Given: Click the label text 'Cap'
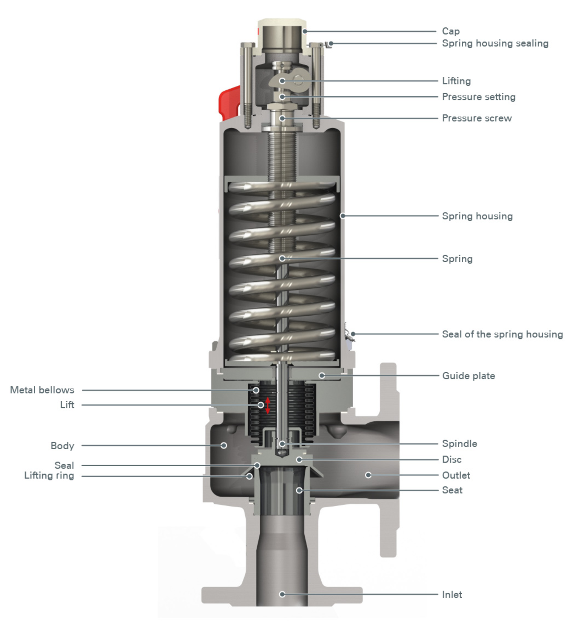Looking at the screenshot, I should coord(451,31).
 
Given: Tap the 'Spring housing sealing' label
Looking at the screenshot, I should coord(495,43).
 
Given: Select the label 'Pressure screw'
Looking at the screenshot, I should coord(477,118).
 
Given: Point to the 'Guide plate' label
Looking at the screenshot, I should coord(468,376).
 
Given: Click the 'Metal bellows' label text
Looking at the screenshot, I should coord(42,390).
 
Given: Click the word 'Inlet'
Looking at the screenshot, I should coord(452,595).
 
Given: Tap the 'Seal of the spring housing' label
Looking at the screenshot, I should coord(502,334).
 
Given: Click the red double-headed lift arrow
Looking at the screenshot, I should coord(268,406).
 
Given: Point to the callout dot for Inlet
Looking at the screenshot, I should coord(282,594).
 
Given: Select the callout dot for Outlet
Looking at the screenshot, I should coord(368,475).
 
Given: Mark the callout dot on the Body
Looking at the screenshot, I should coord(224,445).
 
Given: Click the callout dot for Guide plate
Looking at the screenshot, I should coord(322,376).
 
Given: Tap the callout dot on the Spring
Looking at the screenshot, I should coord(282,258).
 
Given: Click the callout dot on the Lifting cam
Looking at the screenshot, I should coord(282,81).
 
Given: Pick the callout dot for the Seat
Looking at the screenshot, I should coord(299,490).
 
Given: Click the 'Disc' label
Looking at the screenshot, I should coord(452,459).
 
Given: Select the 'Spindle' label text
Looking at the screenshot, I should coord(460,444).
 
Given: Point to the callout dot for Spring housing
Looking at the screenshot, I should coord(343,216).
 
